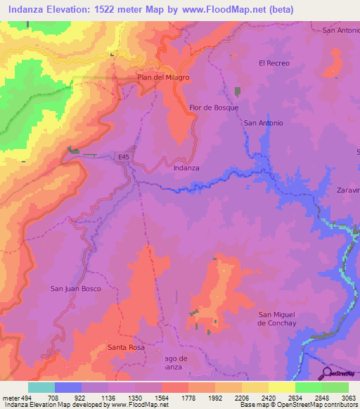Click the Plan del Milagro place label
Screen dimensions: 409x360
(163, 77)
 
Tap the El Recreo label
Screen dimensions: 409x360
(274, 63)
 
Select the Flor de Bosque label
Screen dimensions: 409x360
(214, 108)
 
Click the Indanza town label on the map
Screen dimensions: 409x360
(186, 168)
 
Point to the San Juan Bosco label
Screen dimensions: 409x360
(76, 289)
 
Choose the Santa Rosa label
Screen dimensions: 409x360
(127, 347)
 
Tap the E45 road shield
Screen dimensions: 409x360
(124, 157)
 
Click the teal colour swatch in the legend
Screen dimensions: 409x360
(41, 387)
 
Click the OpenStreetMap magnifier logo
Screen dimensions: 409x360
(326, 372)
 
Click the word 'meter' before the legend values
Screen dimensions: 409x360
(10, 397)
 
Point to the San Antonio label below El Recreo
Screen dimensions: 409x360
(264, 123)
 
